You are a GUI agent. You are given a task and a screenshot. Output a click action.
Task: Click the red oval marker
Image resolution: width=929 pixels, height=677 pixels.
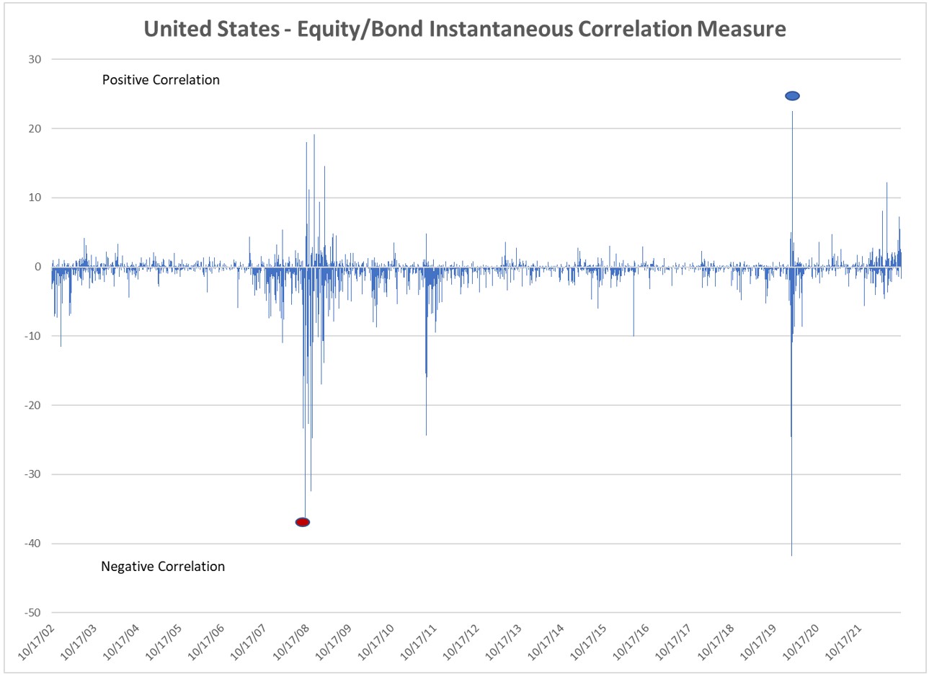pyautogui.click(x=303, y=522)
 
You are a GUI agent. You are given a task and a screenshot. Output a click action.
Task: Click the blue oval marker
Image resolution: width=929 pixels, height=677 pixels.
pyautogui.click(x=792, y=96)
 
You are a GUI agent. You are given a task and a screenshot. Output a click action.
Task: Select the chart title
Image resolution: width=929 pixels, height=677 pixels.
pyautogui.click(x=465, y=29)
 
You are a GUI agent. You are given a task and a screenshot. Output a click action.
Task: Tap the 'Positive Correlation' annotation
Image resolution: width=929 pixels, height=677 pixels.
pyautogui.click(x=161, y=80)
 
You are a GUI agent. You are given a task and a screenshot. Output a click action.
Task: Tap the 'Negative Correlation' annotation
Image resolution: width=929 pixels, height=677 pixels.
pyautogui.click(x=163, y=567)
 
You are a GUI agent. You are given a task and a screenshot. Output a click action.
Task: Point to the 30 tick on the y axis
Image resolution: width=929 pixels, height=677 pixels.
pyautogui.click(x=35, y=60)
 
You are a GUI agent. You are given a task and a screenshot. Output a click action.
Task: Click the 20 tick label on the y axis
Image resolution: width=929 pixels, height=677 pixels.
pyautogui.click(x=35, y=129)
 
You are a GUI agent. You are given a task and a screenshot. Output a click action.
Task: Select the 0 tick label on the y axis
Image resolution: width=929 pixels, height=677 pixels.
pyautogui.click(x=38, y=267)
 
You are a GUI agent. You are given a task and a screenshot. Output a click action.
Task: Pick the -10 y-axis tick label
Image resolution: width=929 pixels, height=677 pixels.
pyautogui.click(x=32, y=336)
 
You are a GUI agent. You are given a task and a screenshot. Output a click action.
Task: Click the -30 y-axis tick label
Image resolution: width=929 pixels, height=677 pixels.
pyautogui.click(x=32, y=474)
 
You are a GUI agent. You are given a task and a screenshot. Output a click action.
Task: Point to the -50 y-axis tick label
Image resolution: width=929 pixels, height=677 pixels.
pyautogui.click(x=32, y=613)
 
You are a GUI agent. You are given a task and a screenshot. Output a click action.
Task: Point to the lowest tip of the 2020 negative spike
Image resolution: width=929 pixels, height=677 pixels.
pyautogui.click(x=791, y=555)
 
